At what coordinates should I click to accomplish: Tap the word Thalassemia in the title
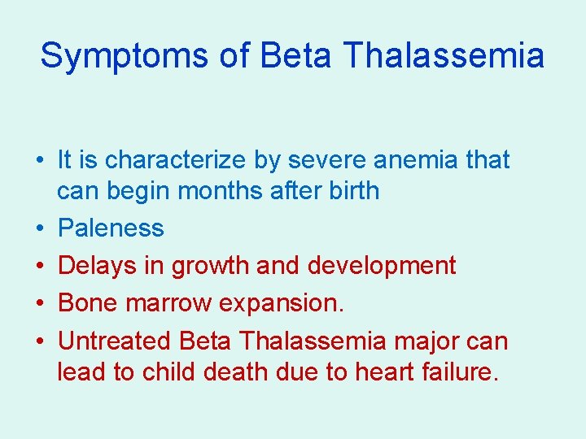pyautogui.click(x=444, y=56)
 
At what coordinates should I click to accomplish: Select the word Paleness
pyautogui.click(x=111, y=228)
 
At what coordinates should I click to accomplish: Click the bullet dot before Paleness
pyautogui.click(x=39, y=229)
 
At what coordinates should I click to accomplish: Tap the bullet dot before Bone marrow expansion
pyautogui.click(x=39, y=304)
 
